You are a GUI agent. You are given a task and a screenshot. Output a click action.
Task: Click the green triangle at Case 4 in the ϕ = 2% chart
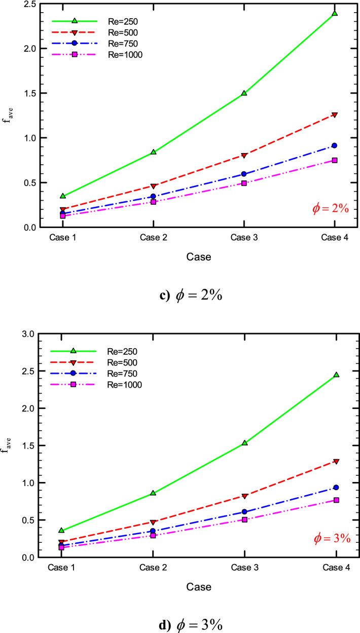(335, 13)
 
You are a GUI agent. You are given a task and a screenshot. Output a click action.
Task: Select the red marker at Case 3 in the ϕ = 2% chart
(244, 155)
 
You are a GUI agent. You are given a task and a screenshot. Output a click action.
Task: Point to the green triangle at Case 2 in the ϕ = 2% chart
(153, 152)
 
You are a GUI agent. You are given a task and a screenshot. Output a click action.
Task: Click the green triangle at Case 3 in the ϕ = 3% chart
(244, 442)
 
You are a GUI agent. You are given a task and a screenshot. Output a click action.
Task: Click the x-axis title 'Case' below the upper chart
(198, 257)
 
